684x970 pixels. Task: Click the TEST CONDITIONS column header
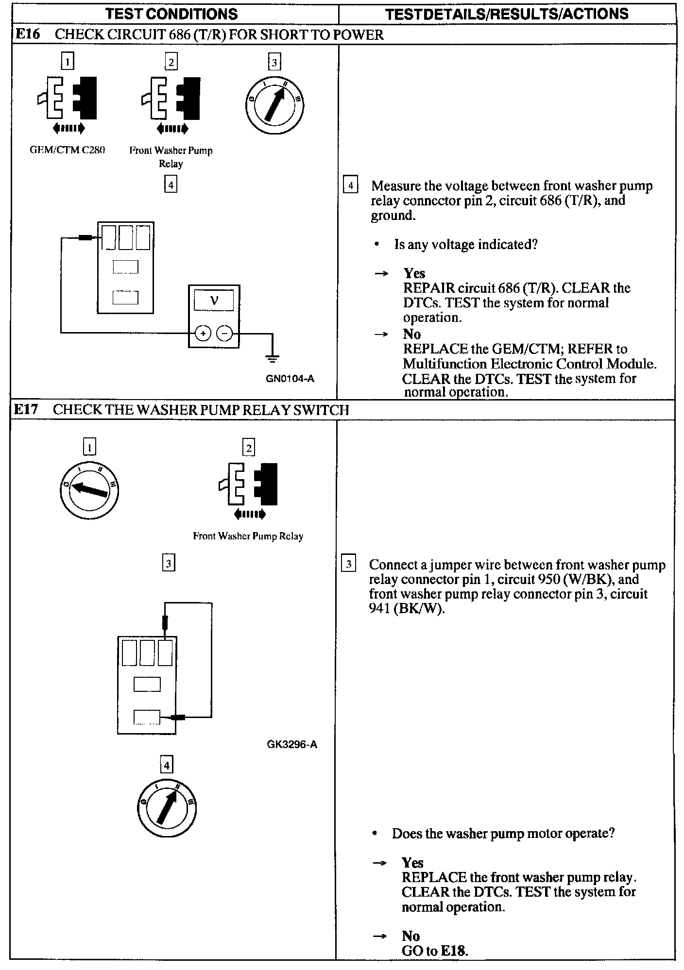[x=171, y=14]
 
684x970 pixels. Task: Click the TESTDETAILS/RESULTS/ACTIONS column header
[x=507, y=14]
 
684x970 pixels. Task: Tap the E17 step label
[x=25, y=410]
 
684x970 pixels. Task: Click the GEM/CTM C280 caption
[x=68, y=150]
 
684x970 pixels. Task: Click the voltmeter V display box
[x=214, y=301]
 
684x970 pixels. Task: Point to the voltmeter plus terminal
[x=202, y=334]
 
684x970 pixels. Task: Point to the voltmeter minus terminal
[x=224, y=334]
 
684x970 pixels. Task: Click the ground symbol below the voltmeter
[x=273, y=359]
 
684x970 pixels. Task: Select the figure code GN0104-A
[x=290, y=379]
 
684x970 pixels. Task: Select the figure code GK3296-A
[x=292, y=744]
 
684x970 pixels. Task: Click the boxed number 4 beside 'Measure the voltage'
[x=351, y=186]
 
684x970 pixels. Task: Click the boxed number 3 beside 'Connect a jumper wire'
[x=349, y=564]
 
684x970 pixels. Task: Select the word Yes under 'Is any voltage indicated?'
[x=414, y=273]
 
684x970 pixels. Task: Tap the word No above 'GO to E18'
[x=410, y=936]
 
